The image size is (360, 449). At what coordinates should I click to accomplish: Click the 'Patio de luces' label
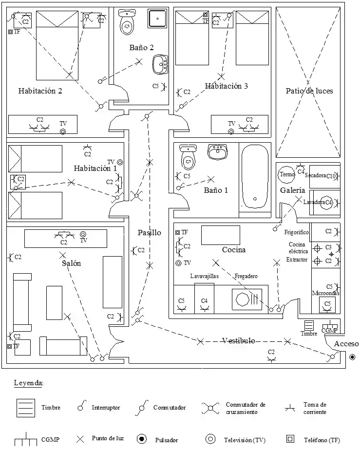tap(309, 91)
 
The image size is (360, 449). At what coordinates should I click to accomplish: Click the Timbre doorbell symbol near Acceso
tap(309, 325)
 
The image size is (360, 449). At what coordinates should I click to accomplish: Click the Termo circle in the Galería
tap(286, 174)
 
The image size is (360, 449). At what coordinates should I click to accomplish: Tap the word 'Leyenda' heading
tap(29, 383)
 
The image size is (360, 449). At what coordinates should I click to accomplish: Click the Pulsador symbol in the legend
tap(142, 439)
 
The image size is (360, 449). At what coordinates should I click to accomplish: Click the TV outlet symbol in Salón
tap(83, 234)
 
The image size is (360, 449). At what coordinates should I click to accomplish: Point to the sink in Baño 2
tap(160, 64)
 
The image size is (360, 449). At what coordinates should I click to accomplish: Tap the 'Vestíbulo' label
tap(238, 340)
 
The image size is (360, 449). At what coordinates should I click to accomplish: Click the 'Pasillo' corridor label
tap(149, 233)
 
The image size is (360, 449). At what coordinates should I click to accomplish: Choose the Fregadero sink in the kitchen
tap(246, 299)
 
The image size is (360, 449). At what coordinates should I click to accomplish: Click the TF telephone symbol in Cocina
tap(178, 233)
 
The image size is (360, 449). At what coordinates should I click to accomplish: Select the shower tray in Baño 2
tap(157, 19)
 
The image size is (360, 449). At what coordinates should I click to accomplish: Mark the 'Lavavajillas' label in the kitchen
tap(205, 276)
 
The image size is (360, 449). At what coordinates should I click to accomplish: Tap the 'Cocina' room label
tap(234, 250)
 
